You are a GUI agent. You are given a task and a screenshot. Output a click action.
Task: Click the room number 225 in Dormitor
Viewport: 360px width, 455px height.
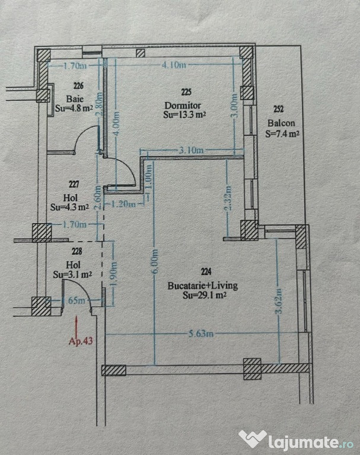pos(186,92)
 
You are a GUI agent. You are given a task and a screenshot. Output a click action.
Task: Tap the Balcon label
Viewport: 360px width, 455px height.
pos(278,123)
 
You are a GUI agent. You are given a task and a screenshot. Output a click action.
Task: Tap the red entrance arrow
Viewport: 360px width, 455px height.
pos(77,324)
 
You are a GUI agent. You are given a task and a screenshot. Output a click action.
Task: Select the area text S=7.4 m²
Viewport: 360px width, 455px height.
pos(282,133)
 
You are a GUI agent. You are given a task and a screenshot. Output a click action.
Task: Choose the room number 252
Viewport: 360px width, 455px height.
pos(279,109)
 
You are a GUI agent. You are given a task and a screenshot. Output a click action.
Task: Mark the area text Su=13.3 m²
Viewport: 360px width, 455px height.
pos(184,116)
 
